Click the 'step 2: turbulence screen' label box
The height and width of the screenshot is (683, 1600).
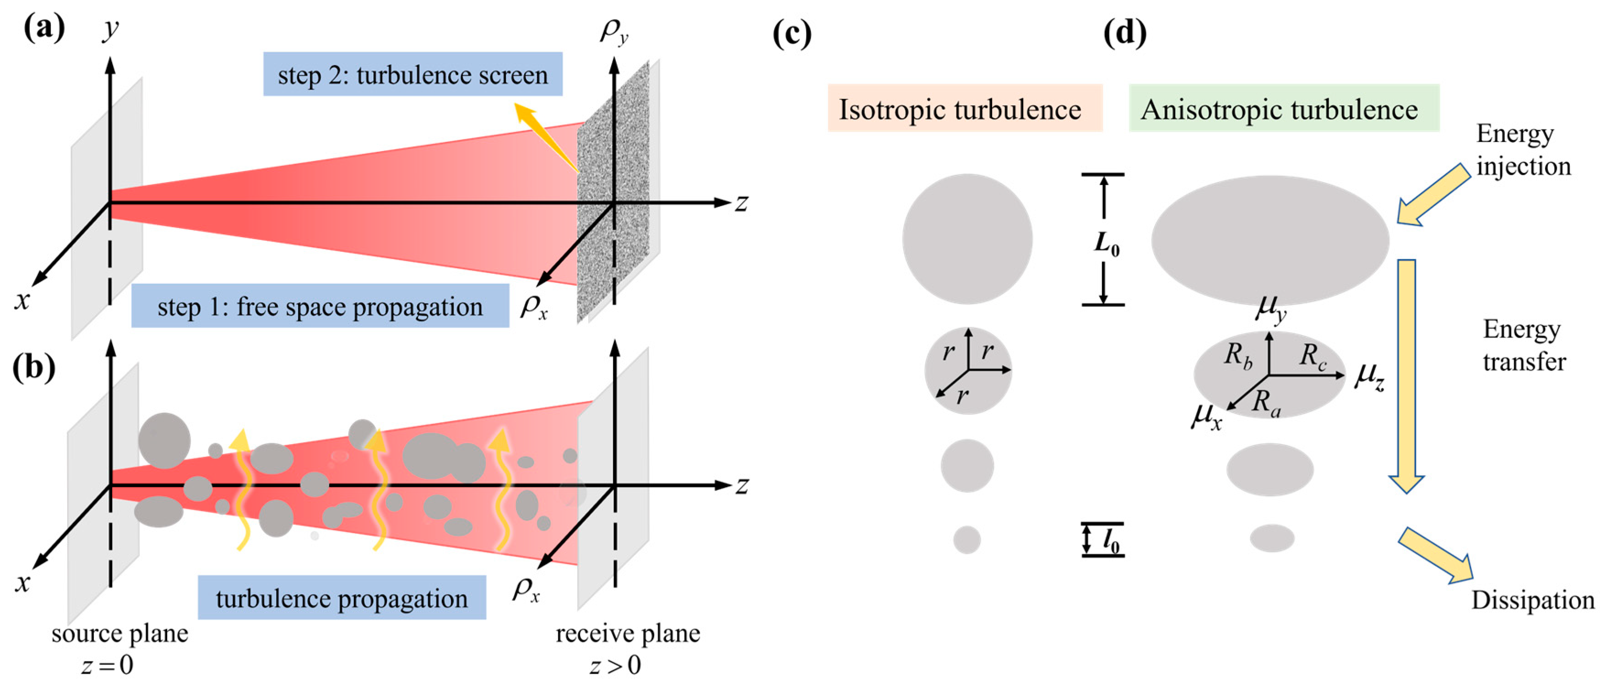tap(412, 75)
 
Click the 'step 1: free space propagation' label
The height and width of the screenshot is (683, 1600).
tap(320, 306)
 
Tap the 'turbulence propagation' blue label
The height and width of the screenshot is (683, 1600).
tap(342, 598)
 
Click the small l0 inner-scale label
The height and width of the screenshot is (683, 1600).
tap(1111, 540)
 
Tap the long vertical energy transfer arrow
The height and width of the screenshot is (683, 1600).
tap(1406, 373)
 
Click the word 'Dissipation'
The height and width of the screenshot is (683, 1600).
tap(1532, 601)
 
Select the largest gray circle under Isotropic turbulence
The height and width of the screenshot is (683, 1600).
tap(967, 239)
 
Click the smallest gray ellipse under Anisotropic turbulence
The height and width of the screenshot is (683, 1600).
tap(1271, 538)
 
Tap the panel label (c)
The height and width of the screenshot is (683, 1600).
tap(792, 33)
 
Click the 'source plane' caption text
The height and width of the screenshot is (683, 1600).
tap(120, 634)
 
